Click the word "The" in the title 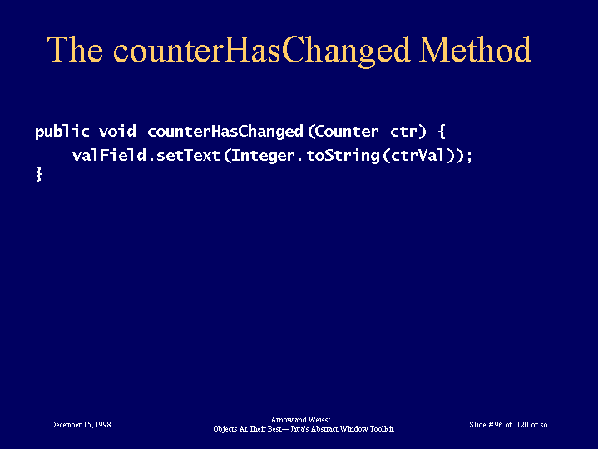click(x=75, y=49)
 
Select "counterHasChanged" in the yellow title click(x=261, y=52)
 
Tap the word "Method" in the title click(x=475, y=49)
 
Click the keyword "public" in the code click(x=62, y=132)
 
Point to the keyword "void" click(x=117, y=131)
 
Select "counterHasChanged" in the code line click(x=225, y=132)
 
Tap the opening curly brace click(x=442, y=132)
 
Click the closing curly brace click(x=39, y=173)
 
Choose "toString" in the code click(x=343, y=156)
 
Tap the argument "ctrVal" click(x=418, y=155)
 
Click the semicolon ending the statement click(x=469, y=157)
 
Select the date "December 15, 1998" click(x=81, y=425)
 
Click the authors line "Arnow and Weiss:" click(x=301, y=420)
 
